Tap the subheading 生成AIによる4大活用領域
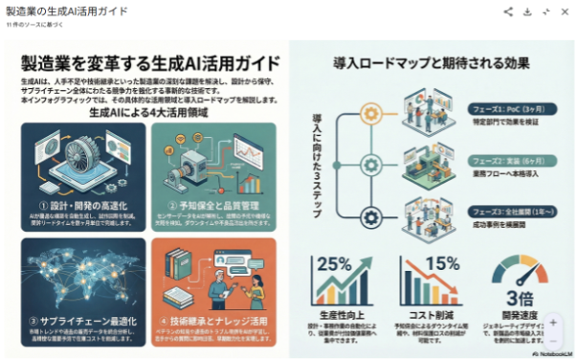149,112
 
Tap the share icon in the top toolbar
508,11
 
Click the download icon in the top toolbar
527,11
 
